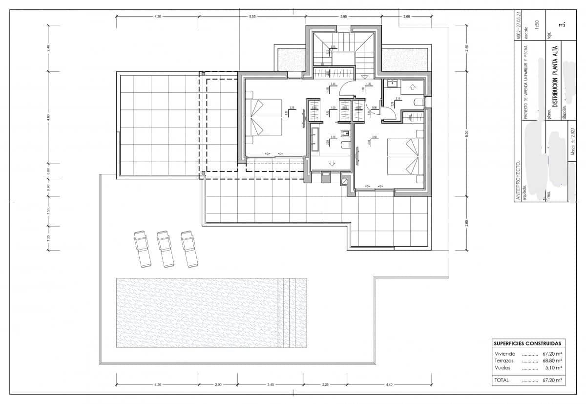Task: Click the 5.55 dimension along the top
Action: (x=252, y=17)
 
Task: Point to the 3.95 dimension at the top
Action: (x=344, y=17)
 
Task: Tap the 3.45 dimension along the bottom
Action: (x=271, y=384)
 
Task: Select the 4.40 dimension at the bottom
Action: (x=389, y=384)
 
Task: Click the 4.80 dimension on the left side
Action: (x=48, y=117)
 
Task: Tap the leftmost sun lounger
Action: (x=142, y=249)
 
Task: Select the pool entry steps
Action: (x=292, y=313)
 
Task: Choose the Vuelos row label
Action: (x=502, y=367)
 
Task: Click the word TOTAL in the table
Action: (x=502, y=380)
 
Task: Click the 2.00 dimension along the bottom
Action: (x=218, y=384)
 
